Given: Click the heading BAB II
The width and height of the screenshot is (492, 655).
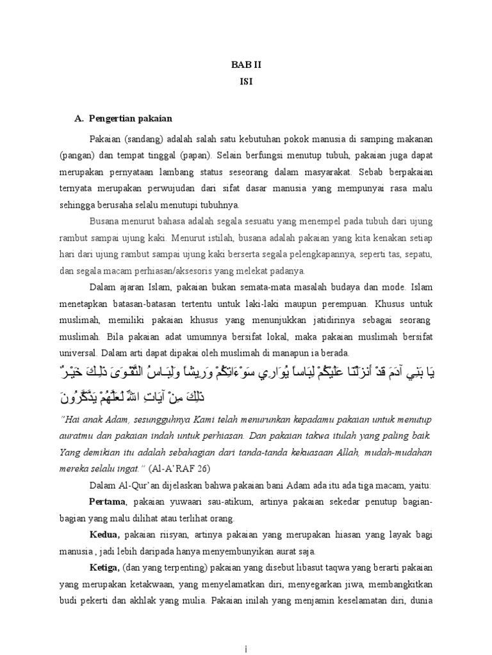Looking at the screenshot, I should pos(246,65).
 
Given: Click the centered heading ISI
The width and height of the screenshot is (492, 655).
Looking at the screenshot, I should pos(246,81).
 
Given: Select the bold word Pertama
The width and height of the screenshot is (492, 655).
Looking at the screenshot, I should pos(106,501).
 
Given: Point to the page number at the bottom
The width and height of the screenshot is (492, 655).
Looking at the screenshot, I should pos(247,648).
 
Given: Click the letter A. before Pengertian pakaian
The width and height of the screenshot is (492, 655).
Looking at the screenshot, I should pos(79,118).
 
